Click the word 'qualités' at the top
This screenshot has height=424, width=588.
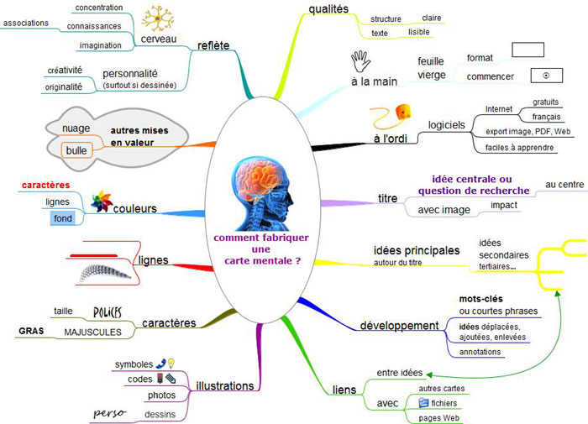click(328, 9)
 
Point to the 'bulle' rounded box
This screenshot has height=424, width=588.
click(76, 150)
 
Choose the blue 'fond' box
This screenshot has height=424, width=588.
click(63, 218)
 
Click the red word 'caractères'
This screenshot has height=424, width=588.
click(45, 185)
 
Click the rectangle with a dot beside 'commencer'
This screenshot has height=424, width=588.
click(546, 76)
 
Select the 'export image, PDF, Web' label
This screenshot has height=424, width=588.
click(528, 132)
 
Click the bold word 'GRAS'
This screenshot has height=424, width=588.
click(31, 331)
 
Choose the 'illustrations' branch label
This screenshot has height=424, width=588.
click(224, 386)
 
